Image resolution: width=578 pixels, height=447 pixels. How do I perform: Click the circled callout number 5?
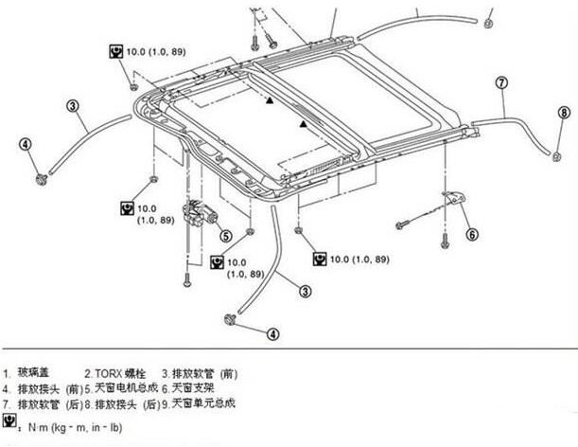tap(225, 236)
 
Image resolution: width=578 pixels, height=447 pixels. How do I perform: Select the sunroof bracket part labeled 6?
tap(457, 201)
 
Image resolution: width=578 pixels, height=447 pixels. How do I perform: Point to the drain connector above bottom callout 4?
tap(231, 319)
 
